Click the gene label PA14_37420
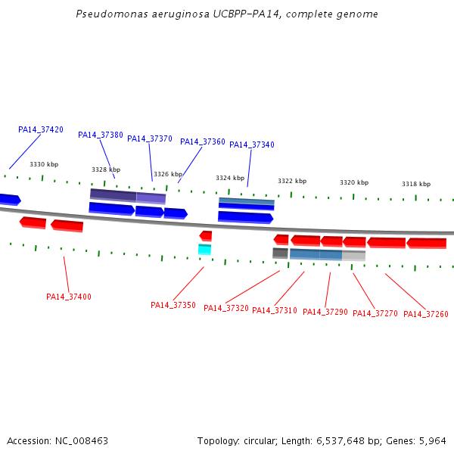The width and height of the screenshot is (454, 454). pyautogui.click(x=41, y=129)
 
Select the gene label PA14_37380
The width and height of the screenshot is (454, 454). pyautogui.click(x=101, y=135)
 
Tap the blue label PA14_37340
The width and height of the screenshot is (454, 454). pyautogui.click(x=252, y=145)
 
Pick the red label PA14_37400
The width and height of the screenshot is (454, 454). pyautogui.click(x=69, y=297)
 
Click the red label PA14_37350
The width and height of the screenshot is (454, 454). pyautogui.click(x=173, y=305)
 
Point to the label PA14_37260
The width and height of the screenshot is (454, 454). pyautogui.click(x=425, y=314)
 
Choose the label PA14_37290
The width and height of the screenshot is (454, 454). pyautogui.click(x=325, y=312)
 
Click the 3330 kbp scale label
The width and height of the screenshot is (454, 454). pyautogui.click(x=44, y=164)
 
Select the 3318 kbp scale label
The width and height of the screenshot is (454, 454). pyautogui.click(x=416, y=184)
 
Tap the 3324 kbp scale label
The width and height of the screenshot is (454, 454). pyautogui.click(x=230, y=178)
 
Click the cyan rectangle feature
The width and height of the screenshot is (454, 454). pyautogui.click(x=205, y=250)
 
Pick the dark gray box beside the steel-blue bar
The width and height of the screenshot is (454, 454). pyautogui.click(x=280, y=253)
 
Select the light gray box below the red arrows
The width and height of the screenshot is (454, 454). pyautogui.click(x=353, y=256)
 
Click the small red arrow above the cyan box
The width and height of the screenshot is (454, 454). pyautogui.click(x=206, y=236)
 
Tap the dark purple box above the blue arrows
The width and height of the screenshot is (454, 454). pyautogui.click(x=113, y=195)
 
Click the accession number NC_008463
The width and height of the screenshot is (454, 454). pyautogui.click(x=82, y=441)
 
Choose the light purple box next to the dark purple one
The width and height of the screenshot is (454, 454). pyautogui.click(x=151, y=198)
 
